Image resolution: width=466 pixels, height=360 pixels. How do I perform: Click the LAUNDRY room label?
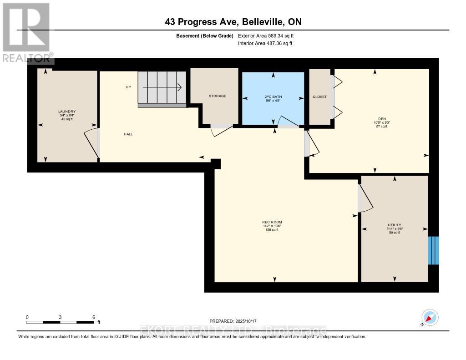pyautogui.click(x=66, y=112)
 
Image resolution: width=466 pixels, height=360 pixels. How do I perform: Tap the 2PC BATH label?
pyautogui.click(x=273, y=96)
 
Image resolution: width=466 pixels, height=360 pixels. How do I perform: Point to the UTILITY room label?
pyautogui.click(x=394, y=225)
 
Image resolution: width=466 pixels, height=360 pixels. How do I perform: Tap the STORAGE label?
pyautogui.click(x=217, y=96)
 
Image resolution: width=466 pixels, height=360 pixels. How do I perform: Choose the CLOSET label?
pyautogui.click(x=319, y=96)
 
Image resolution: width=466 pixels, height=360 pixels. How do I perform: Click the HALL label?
pyautogui.click(x=128, y=134)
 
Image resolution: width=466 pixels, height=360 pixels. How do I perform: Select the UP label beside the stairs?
pyautogui.click(x=128, y=87)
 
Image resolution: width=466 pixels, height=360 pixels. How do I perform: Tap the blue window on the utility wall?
pyautogui.click(x=434, y=250)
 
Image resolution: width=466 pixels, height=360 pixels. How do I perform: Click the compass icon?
pyautogui.click(x=430, y=317)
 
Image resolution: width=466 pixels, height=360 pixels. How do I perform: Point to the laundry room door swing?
pyautogui.click(x=91, y=144)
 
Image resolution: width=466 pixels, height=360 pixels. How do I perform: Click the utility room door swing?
pyautogui.click(x=365, y=199)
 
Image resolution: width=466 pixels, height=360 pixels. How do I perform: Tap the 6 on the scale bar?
pyautogui.click(x=94, y=317)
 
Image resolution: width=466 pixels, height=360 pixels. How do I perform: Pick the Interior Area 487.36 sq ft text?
pyautogui.click(x=265, y=44)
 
